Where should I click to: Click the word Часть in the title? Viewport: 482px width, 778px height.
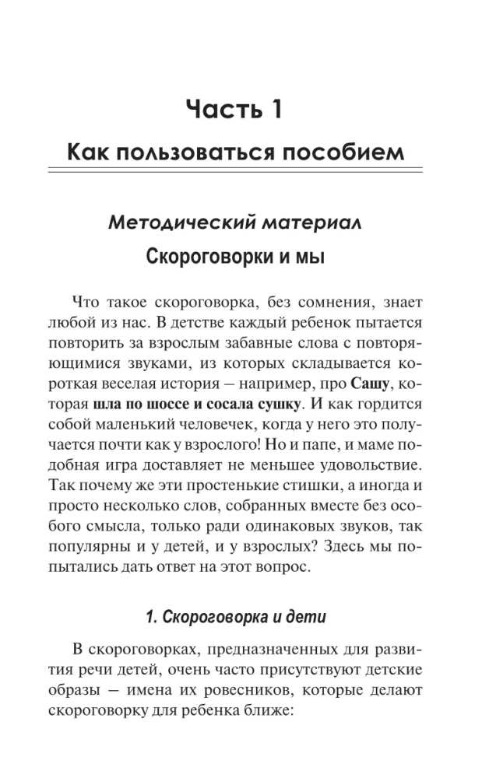pos(220,109)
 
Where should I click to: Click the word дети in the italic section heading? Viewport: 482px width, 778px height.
pos(310,617)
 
